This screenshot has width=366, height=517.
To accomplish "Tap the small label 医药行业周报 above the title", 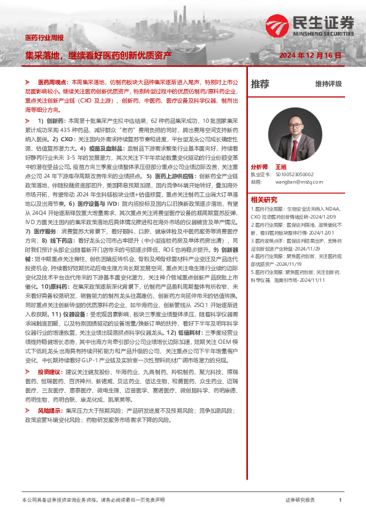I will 44,38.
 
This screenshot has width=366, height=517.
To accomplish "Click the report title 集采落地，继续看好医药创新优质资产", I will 98,55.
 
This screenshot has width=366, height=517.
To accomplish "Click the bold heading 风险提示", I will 50,409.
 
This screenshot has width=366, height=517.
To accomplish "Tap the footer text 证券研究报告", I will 300,500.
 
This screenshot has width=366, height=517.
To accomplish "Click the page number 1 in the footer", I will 340,500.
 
